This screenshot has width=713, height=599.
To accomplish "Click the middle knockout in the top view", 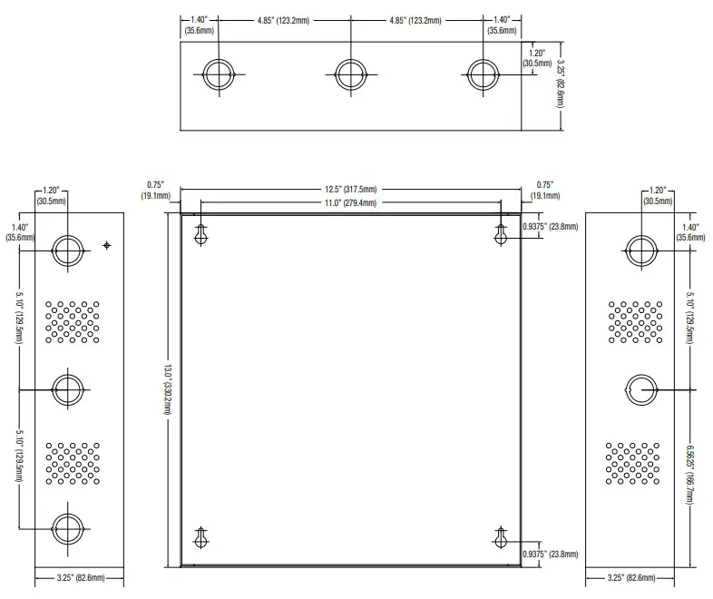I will pos(350,74).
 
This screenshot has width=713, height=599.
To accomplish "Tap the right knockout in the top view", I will pos(482,74).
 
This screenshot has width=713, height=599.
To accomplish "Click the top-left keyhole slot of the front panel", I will pos(201,234).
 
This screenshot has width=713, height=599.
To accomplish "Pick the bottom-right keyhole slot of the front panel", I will pos(500,536).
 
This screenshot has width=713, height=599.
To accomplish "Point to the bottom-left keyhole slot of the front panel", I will pos(201,536).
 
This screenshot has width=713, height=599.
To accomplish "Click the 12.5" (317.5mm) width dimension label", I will pos(350,190).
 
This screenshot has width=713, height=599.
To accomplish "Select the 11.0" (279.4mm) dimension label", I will pos(350,203).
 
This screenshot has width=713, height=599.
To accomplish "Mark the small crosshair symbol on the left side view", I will pos(107,245).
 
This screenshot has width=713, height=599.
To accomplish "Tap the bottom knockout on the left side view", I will pos(67,526).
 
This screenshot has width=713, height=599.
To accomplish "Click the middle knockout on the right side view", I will pos(642,388).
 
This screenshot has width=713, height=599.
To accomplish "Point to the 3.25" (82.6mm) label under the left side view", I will pos(80,577).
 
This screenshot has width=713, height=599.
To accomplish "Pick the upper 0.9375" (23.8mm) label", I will pos(550,227).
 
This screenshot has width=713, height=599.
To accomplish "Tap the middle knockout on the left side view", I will pos(67,388).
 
